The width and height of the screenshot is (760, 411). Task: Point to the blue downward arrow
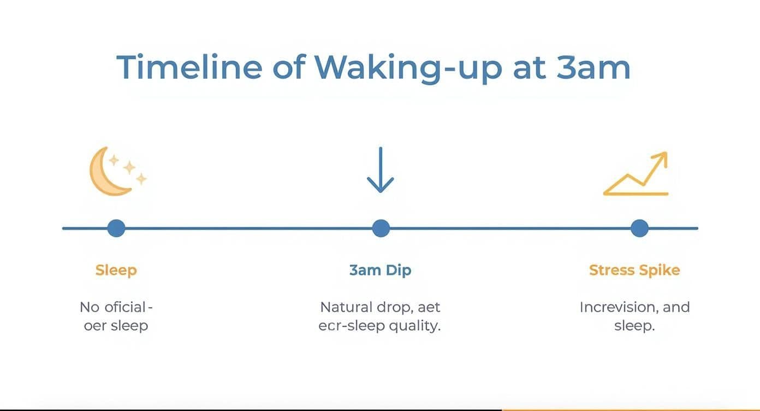pos(381,170)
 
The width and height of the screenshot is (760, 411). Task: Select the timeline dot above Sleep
pos(116,228)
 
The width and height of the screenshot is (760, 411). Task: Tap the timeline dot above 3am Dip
pos(381,228)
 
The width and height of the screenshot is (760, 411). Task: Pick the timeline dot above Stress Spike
pos(639,228)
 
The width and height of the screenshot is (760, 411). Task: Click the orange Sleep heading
pos(116,270)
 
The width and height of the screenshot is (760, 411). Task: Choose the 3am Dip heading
pos(380,270)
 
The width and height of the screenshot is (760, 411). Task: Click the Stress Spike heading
pos(634,270)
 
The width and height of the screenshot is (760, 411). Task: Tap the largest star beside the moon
pos(129,167)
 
